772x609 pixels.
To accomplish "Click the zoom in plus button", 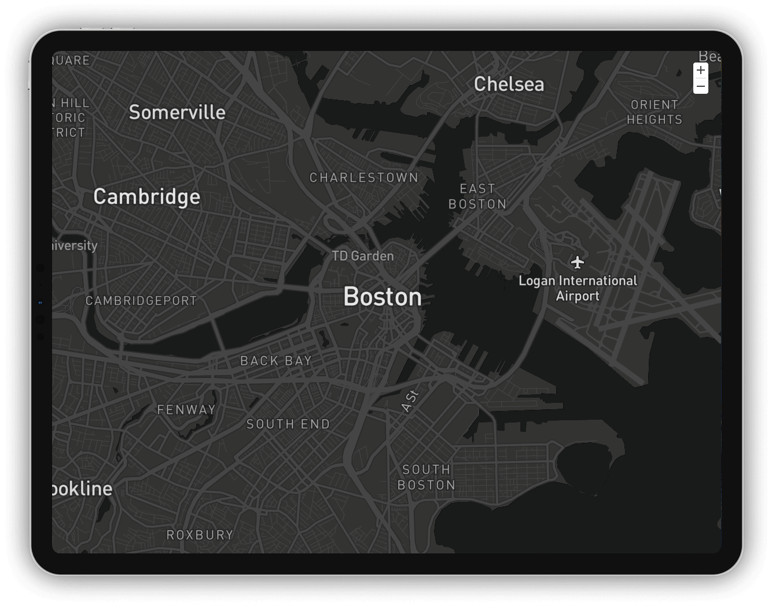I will (700, 71).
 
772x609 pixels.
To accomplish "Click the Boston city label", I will (383, 297).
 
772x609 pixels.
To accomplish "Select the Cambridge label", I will (147, 197).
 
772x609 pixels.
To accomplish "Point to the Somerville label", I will (177, 112).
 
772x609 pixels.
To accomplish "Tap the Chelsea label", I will (509, 85).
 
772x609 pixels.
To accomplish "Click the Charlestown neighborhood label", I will (363, 178).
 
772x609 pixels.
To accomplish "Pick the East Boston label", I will (477, 196).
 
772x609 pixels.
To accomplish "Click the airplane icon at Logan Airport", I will (577, 262).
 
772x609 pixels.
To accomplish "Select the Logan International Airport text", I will (578, 288).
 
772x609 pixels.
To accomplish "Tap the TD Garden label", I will (363, 256).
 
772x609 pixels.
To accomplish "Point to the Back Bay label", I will (276, 361).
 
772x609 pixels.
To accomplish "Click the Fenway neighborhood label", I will (186, 410).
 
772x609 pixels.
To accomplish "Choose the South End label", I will (288, 424).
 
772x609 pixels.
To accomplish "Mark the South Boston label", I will (427, 477).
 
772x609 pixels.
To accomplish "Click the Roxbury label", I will (200, 535).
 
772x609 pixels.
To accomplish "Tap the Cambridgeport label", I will (141, 301).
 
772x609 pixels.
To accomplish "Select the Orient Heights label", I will (655, 112).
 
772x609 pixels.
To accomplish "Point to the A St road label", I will (410, 401).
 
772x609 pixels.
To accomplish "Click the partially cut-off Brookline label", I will (82, 489).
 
